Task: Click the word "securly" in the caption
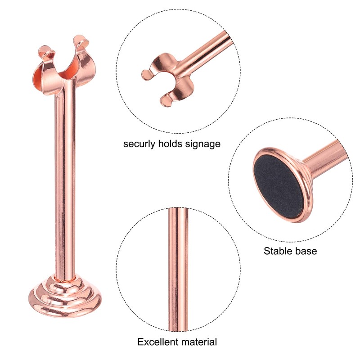click(x=139, y=144)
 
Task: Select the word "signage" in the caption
click(x=203, y=144)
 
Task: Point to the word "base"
click(x=306, y=251)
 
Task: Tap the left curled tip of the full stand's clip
click(x=44, y=50)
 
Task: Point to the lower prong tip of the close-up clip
click(x=166, y=102)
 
